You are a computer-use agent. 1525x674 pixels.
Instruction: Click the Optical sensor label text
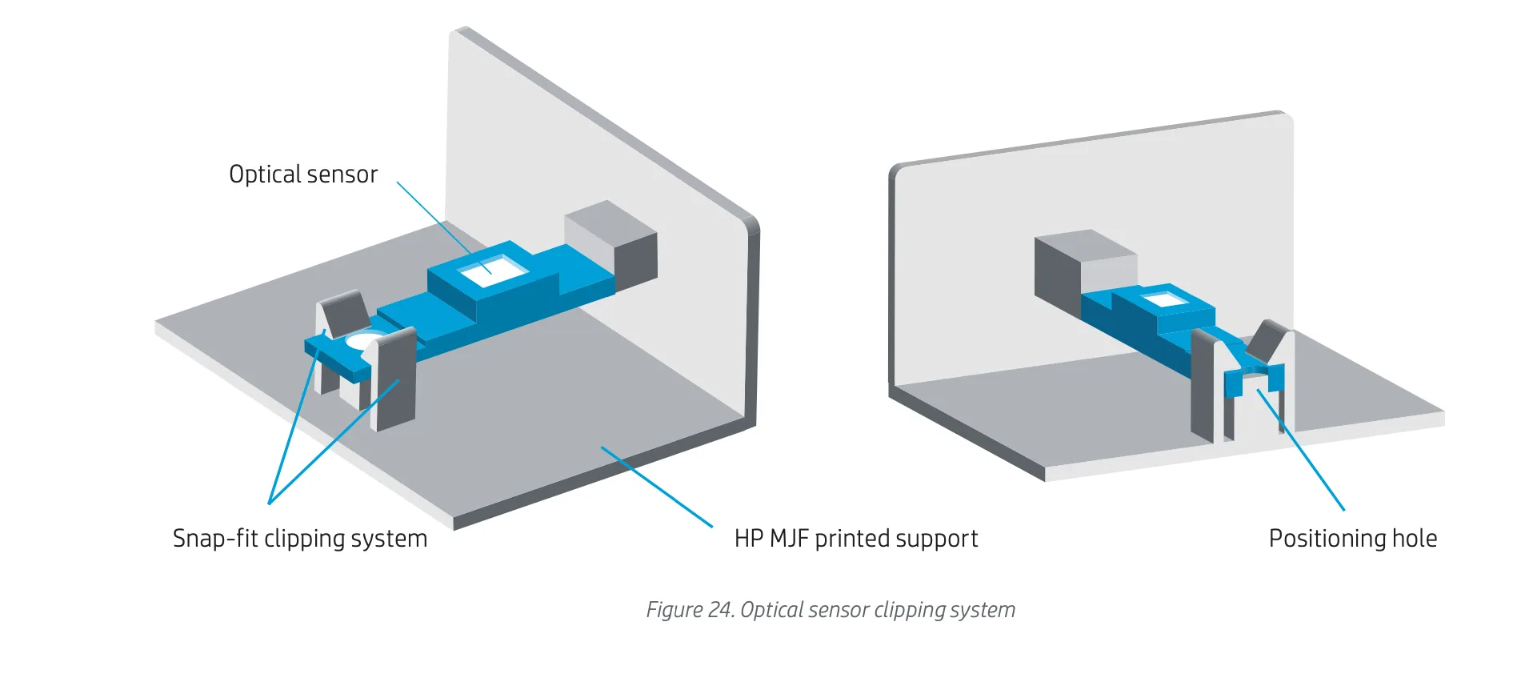[302, 175]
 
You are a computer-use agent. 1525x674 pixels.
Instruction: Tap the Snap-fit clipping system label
[300, 538]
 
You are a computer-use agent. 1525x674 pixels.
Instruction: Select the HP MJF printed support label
[855, 538]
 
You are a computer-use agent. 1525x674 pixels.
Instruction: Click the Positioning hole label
[1352, 538]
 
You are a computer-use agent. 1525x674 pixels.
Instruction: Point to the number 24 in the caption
[719, 610]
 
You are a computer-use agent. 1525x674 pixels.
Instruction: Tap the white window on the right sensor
[1164, 300]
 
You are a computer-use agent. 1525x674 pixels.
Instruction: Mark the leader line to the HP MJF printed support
[656, 487]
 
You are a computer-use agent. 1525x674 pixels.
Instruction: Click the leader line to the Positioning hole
[1300, 448]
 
